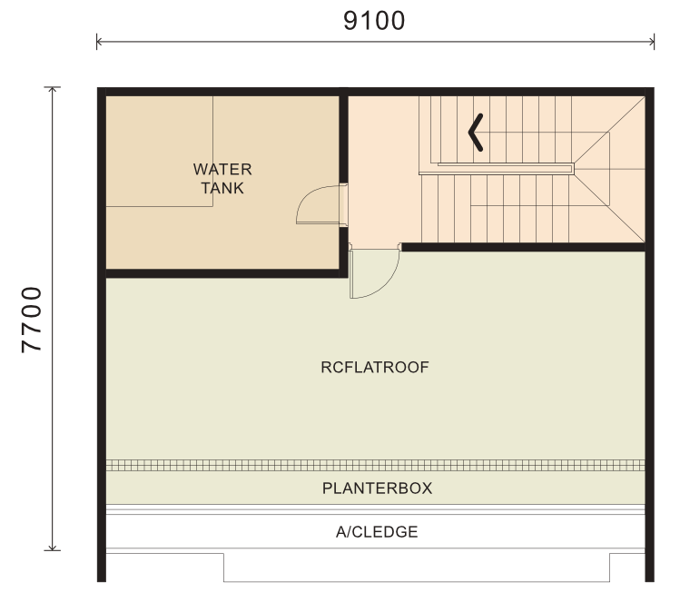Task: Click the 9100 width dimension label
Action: [374, 20]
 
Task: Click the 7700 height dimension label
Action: [32, 320]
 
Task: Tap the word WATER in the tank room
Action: [222, 169]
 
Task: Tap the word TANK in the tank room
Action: [222, 188]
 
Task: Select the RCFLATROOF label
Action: [375, 368]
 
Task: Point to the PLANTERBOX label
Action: [378, 489]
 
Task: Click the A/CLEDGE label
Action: [377, 532]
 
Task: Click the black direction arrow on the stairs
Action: [476, 133]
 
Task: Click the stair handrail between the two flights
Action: [497, 169]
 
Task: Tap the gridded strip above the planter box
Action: [376, 466]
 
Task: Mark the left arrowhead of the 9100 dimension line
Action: [97, 42]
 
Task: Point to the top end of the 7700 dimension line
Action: [52, 87]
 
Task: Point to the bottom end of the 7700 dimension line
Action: [52, 550]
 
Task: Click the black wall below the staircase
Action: [524, 247]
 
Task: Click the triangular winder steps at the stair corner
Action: [609, 169]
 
